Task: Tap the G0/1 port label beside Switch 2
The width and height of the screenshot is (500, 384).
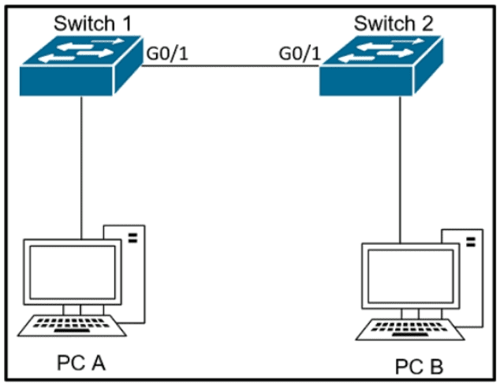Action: point(299,54)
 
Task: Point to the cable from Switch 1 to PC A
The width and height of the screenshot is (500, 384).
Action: point(81,166)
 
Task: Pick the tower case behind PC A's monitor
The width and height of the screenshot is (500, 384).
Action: point(132,269)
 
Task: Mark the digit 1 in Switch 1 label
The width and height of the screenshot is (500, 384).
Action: point(123,22)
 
